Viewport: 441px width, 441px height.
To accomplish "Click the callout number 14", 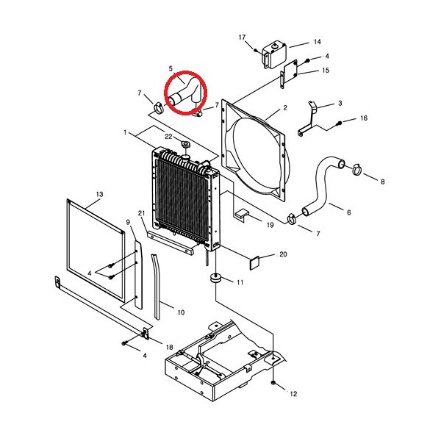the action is tap(318, 42).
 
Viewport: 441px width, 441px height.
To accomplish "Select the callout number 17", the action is tap(242, 37).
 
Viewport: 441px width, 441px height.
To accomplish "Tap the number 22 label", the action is tap(168, 137).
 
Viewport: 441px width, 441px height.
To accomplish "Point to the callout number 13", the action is tap(99, 194).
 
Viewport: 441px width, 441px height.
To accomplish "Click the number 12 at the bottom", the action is tap(293, 394).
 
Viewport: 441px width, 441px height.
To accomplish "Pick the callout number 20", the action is tap(283, 254).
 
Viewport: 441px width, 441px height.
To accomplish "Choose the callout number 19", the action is tap(270, 225).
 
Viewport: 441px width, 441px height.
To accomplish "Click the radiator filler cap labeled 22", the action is tap(186, 144).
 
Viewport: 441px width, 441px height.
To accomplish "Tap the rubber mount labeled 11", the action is tap(215, 279).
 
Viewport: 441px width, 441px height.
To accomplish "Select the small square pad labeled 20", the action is tap(254, 263).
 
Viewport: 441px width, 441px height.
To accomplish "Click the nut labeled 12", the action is tap(273, 383).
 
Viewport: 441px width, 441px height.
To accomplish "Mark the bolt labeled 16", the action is tap(340, 123).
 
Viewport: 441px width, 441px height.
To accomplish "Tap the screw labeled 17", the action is tap(255, 50).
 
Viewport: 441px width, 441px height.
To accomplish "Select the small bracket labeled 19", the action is tap(241, 215).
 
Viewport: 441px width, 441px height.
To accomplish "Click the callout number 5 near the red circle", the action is tap(171, 68).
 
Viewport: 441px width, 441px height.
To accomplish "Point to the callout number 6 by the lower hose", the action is tap(349, 212).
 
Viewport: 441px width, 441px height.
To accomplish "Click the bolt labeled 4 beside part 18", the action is tap(124, 343).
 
